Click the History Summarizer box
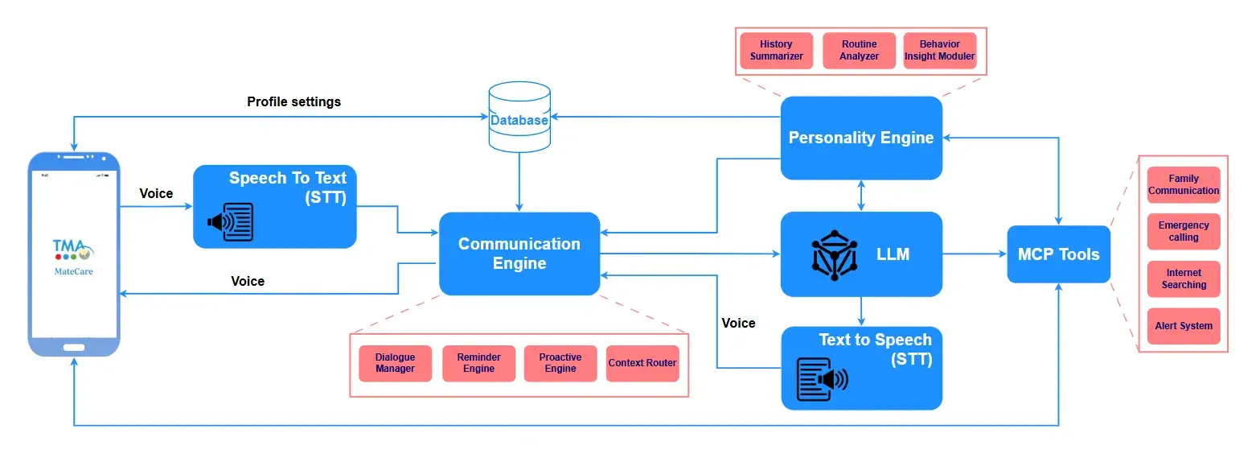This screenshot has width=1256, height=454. coord(776,51)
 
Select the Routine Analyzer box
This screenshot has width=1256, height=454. coord(859,51)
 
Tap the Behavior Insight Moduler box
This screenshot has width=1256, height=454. coord(940,51)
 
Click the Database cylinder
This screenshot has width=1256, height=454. coord(519,118)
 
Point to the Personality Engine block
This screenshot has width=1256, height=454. coord(861,138)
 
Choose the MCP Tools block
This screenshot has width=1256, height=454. coord(1059,254)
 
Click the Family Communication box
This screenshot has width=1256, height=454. coord(1184,184)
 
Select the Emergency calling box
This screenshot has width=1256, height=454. coord(1184,231)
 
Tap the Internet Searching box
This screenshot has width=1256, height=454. coord(1184,279)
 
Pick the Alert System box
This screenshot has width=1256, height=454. coord(1184,326)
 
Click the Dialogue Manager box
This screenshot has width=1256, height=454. coord(396,363)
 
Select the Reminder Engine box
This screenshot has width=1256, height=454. coord(479,363)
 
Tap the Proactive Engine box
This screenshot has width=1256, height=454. coord(560,363)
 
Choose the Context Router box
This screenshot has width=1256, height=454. coord(642,363)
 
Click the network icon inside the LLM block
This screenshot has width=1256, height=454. coord(835,255)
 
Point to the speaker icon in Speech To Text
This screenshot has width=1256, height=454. coord(231,222)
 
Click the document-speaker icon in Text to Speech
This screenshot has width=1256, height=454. coord(822,380)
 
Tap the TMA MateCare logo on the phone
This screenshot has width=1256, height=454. coord(73,258)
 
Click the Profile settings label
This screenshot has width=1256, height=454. coord(293,101)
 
